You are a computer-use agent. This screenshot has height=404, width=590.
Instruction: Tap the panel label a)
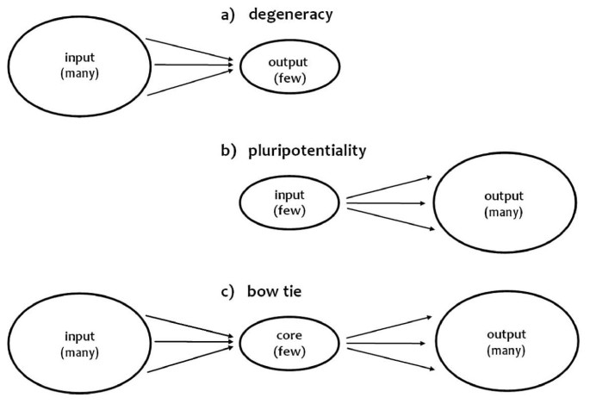[x=230, y=13]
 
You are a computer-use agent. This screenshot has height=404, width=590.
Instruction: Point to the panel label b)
[x=230, y=151]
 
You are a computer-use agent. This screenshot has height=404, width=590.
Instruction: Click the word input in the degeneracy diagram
[x=80, y=58]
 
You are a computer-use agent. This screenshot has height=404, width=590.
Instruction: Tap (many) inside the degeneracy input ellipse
[x=80, y=72]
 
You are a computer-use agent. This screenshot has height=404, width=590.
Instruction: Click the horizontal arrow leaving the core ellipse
[x=388, y=344]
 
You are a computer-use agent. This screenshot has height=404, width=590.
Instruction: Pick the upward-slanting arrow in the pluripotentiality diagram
[x=388, y=187]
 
